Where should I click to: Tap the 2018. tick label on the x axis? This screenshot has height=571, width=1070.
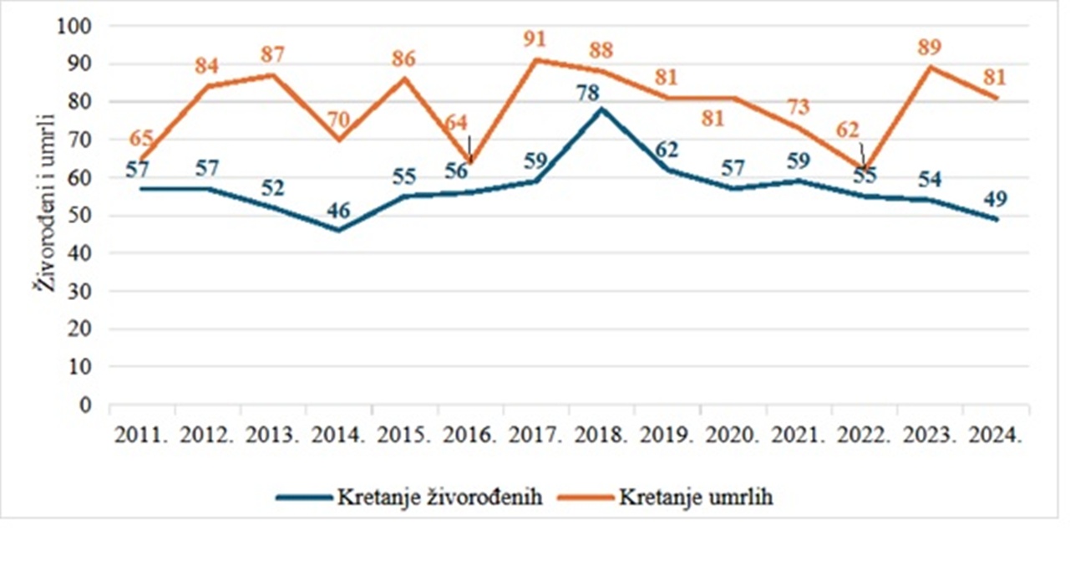601,435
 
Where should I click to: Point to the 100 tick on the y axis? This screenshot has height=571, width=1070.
74,26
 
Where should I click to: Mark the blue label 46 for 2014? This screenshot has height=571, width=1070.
338,211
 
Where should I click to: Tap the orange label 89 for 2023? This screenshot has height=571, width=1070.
929,47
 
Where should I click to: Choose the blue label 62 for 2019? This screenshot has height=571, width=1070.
666,150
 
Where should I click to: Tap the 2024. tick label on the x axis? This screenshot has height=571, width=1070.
994,435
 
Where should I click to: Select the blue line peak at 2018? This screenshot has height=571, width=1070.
601,109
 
